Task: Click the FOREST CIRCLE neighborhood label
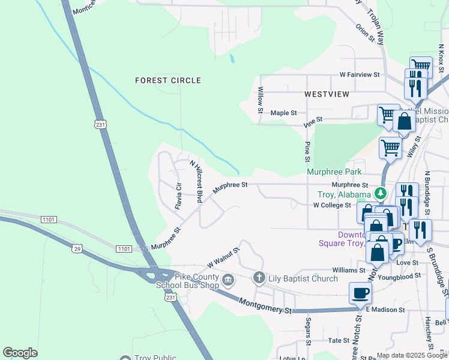(x=167, y=80)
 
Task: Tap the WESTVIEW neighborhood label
(x=327, y=95)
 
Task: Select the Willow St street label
(x=261, y=100)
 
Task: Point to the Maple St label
(x=284, y=113)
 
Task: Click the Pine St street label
(x=307, y=152)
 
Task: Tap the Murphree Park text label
(x=334, y=172)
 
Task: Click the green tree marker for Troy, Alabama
(x=380, y=193)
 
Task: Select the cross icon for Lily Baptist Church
(x=259, y=278)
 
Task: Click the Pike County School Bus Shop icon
(x=228, y=279)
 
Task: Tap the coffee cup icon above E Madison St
(x=360, y=293)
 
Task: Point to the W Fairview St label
(x=360, y=75)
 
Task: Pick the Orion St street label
(x=364, y=34)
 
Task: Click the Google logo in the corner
(x=20, y=353)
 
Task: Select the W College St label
(x=332, y=205)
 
